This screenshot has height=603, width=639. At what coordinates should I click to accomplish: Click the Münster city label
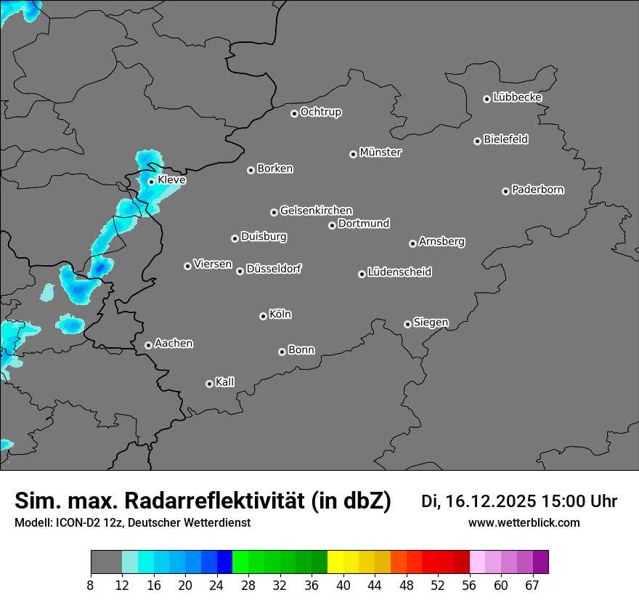pos(380,153)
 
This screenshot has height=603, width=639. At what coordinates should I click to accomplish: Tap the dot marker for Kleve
pos(151,182)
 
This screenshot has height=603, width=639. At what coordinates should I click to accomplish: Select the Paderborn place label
pos(538,190)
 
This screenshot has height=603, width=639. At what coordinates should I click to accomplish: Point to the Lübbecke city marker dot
pos(487,99)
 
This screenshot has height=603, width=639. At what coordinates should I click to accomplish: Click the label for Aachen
pos(174,344)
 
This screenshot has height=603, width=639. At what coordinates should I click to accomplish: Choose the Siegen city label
pos(431,323)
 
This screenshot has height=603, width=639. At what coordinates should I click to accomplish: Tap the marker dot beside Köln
pos(263,316)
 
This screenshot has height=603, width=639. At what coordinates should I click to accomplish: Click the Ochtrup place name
pos(321,112)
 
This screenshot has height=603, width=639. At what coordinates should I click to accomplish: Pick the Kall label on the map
pos(225,382)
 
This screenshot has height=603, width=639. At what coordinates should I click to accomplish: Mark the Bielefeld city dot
pos(477,141)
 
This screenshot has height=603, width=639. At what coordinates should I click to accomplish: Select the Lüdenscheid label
pos(400,272)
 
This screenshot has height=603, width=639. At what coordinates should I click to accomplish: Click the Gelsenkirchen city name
pos(317,211)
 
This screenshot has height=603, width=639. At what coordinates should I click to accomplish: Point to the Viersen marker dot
pos(187,266)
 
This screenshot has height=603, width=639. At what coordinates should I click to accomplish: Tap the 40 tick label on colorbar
pos(343,585)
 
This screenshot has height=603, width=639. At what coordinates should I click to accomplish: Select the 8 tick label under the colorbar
pos(90,585)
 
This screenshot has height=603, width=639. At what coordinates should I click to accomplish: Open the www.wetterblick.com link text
pos(524,522)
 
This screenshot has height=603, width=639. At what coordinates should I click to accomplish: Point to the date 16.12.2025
pos(490,501)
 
